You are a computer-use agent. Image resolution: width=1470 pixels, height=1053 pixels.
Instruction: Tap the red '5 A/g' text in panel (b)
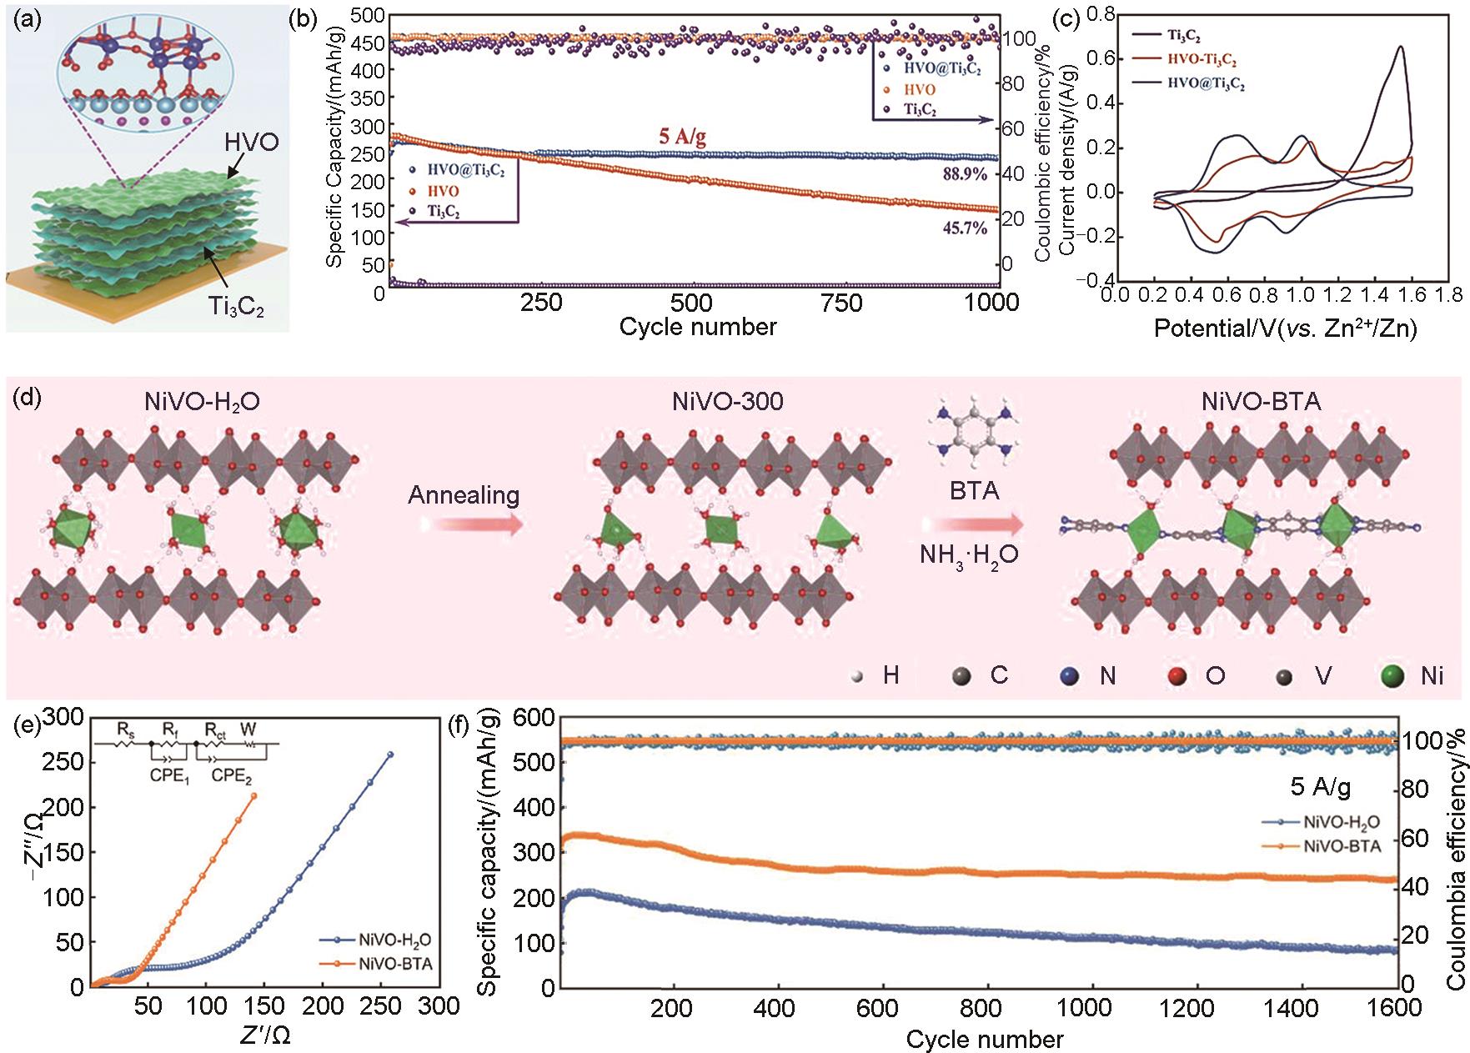pos(682,136)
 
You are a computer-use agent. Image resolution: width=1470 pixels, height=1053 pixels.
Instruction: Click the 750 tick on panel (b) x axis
pos(842,302)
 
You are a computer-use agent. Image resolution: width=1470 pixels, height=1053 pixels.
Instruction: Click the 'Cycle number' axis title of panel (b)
pos(697,326)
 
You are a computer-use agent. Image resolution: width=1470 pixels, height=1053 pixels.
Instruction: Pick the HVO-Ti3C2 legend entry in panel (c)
pos(1202,60)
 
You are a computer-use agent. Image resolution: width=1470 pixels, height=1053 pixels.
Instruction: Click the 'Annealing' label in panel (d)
pos(464,495)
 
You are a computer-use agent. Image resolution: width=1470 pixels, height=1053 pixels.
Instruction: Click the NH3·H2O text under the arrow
pos(969,554)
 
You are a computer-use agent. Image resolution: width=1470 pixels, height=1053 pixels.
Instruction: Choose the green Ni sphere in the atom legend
pos(1391,674)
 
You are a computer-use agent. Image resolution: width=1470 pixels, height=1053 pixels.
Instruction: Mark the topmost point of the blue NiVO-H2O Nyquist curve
pos(390,755)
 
